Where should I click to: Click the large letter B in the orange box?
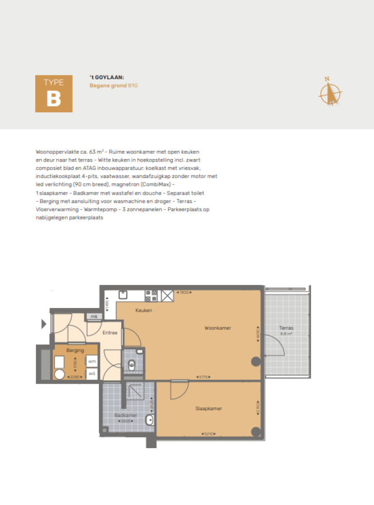54,99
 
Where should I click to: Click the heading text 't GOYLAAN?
107,77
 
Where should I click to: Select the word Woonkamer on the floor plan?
218,328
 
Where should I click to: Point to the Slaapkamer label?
208,409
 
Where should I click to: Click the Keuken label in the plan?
144,310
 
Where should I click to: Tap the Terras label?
286,328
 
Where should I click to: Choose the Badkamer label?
126,415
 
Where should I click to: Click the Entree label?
110,333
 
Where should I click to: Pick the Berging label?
75,350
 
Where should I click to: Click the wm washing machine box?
92,361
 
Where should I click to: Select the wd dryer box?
92,374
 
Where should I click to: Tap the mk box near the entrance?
94,317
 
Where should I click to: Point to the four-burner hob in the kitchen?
151,295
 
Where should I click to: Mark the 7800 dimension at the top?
185,292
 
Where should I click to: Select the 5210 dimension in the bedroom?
208,434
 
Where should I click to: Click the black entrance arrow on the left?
44,323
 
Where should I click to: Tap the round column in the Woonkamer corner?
255,361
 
